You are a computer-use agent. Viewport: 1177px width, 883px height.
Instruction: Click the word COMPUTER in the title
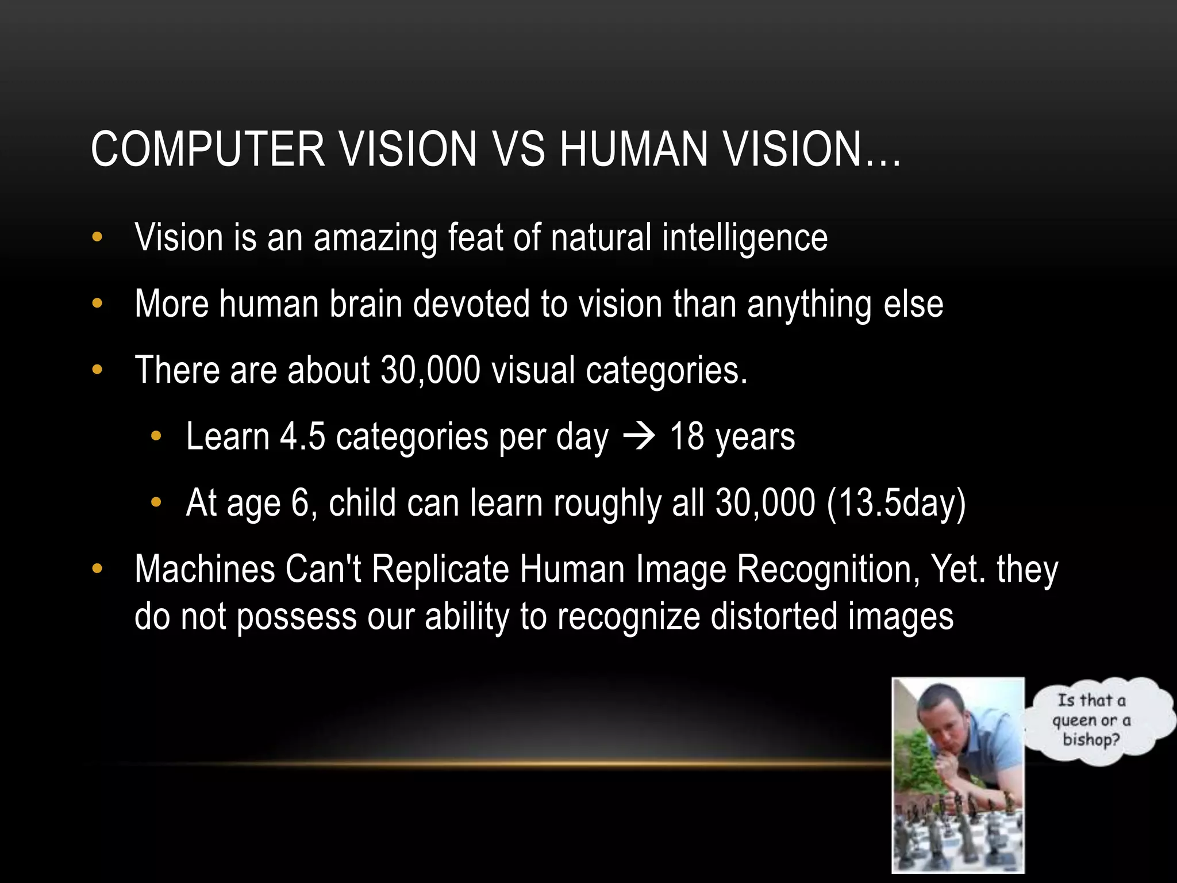208,149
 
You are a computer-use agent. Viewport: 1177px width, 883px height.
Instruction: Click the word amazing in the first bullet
375,238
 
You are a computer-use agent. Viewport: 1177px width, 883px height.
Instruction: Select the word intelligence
745,238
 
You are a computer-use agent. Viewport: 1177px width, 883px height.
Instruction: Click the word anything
809,304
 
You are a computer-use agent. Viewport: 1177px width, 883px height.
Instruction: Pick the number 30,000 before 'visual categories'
430,370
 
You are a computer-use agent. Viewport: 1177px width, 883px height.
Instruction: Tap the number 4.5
302,437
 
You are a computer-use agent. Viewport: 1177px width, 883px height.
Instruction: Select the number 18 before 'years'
687,437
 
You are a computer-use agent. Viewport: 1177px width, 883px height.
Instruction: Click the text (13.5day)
896,504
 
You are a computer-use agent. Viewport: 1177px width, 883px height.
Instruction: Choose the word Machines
205,570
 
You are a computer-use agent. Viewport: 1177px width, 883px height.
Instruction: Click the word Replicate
440,570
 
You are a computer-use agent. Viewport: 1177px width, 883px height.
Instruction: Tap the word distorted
774,616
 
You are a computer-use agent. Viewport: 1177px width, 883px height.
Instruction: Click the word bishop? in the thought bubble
1091,739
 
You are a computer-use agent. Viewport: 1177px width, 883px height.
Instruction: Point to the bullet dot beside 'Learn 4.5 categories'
156,437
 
